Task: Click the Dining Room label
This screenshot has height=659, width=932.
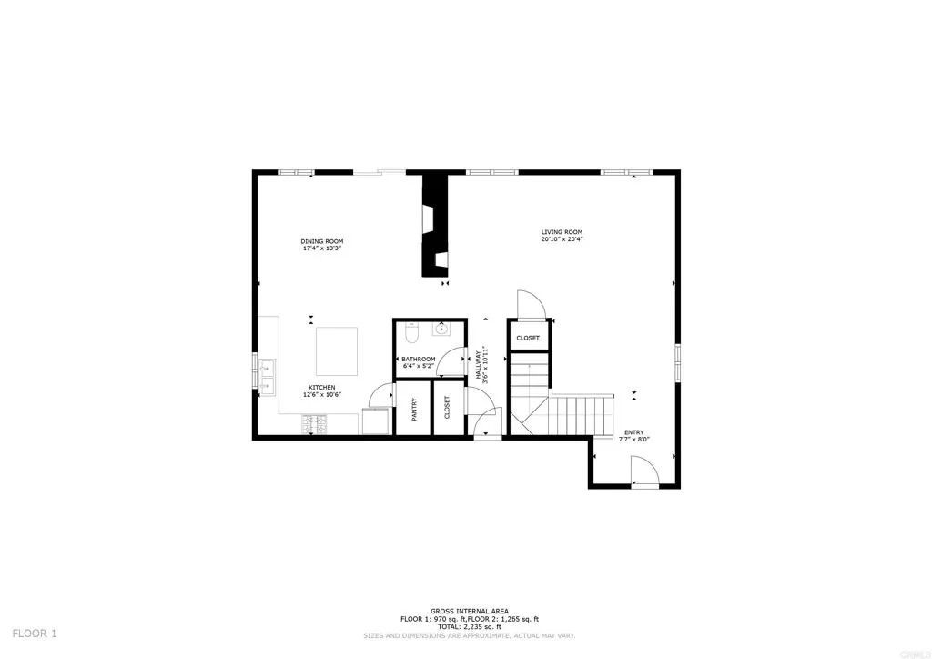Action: (321, 241)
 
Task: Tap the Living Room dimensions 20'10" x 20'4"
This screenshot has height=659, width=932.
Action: (562, 239)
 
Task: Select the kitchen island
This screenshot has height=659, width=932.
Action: (336, 351)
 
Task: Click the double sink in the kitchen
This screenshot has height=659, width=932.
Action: (267, 376)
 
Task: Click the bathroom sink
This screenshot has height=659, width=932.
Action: (445, 329)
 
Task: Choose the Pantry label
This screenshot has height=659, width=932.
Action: (413, 409)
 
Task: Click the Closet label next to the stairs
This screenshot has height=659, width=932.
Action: (528, 338)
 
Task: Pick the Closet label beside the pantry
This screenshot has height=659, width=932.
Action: (447, 409)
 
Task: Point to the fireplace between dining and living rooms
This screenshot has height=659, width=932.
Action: (435, 225)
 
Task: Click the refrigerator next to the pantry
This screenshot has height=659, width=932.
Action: (377, 421)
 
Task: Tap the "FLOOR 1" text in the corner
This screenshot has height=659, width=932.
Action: (35, 633)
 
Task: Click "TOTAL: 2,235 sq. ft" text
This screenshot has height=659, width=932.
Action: (470, 626)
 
